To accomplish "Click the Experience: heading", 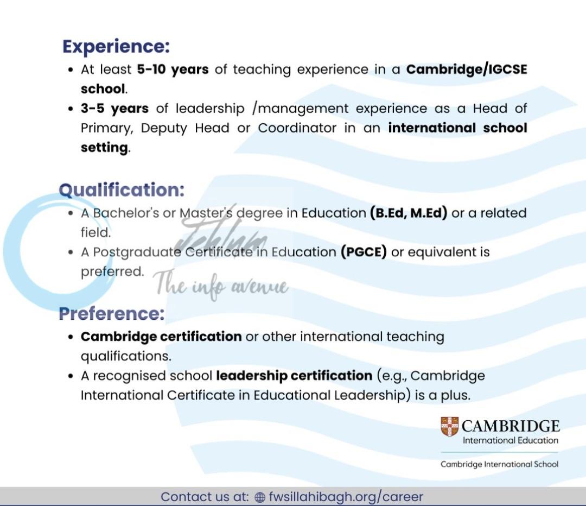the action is coord(116,46).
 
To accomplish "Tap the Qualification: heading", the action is coord(122,190).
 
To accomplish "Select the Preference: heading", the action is coord(111,313).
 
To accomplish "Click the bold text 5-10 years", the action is coord(173,69).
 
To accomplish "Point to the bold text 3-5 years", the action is coord(114,109).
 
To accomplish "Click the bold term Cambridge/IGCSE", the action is coord(467,69).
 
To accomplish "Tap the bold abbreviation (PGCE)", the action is coord(364,252).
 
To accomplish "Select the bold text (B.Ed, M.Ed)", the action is coord(409,213).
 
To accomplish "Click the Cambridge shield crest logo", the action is coord(449,427).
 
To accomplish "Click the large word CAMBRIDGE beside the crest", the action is coord(511,426).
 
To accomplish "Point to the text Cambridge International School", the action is coord(499,464).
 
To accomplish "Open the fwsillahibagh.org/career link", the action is coord(346,497).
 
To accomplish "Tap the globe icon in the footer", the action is coord(260,497).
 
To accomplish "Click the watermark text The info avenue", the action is coord(221,286).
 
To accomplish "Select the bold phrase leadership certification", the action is coord(294,376).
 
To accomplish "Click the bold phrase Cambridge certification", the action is coord(161,337).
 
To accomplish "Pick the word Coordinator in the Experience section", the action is coord(297,128).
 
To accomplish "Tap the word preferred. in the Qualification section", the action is coord(112,271).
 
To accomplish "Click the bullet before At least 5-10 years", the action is coord(71,70).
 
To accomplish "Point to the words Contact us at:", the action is coord(205,497).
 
